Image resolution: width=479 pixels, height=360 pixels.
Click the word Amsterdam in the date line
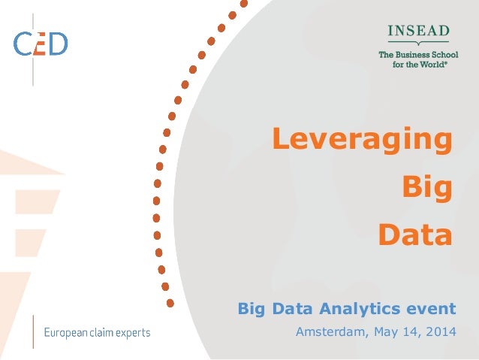coord(330,331)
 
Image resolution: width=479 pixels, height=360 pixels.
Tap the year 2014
coord(439,331)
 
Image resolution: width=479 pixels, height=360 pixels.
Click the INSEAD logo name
coord(418,31)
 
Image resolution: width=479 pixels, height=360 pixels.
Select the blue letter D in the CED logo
coord(58,43)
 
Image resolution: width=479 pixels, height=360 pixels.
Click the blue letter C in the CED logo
coord(23,43)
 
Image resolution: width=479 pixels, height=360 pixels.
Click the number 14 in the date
coord(411,331)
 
